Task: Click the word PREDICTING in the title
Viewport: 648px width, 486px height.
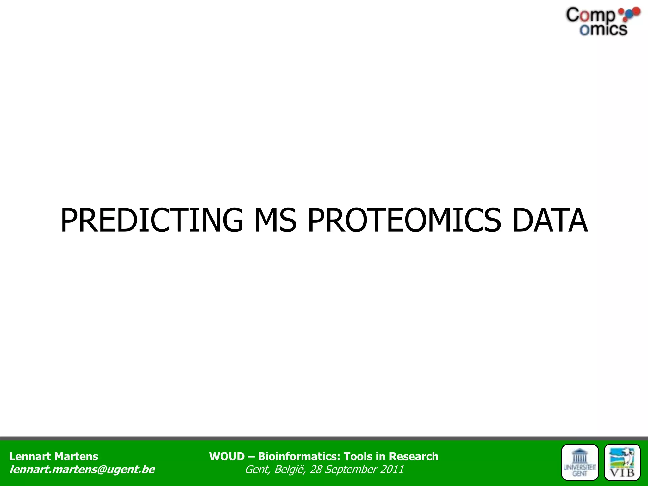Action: (x=152, y=220)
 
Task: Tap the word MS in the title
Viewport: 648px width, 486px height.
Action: (x=275, y=220)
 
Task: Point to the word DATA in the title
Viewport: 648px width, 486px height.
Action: (x=550, y=220)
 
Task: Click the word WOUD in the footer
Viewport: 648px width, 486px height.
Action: (x=227, y=457)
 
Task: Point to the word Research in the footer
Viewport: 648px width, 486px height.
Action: (x=414, y=457)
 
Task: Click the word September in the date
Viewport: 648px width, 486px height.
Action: (x=351, y=470)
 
